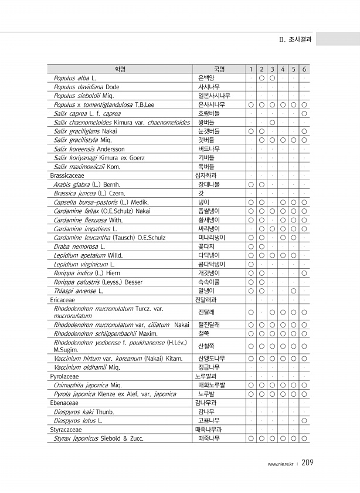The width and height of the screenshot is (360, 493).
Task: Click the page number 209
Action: point(308,463)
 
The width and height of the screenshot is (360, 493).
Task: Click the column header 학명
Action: point(120,69)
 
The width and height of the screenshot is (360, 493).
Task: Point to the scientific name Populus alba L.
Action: point(74,77)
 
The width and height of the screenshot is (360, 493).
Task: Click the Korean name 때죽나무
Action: point(209,438)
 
